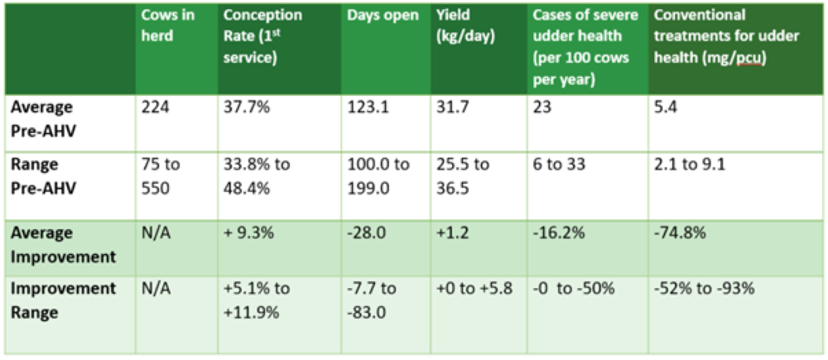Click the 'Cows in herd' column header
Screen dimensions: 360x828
click(x=168, y=25)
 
